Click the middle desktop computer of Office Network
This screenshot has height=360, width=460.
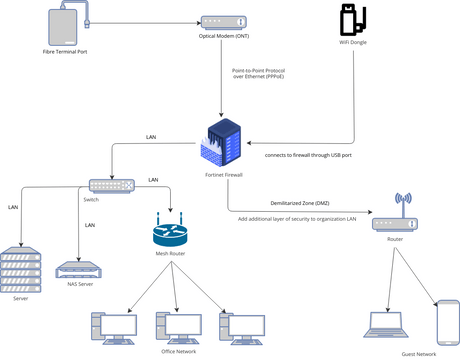click(175, 326)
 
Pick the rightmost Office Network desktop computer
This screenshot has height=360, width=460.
click(239, 326)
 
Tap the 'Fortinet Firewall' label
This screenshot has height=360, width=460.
click(224, 175)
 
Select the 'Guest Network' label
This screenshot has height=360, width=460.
click(418, 354)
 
